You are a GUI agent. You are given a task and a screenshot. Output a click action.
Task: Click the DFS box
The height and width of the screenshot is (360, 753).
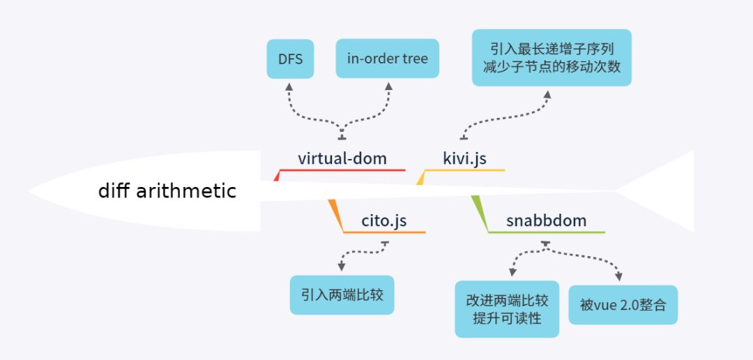coord(291,59)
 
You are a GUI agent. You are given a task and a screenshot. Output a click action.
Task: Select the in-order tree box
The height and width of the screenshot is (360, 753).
coord(388,59)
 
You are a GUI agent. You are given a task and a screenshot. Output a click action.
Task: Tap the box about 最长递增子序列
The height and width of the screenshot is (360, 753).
coord(552,58)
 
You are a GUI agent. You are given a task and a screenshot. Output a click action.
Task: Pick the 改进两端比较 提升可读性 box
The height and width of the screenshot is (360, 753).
coord(507,309)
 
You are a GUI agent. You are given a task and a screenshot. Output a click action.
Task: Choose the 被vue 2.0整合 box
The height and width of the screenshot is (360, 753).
coord(623,305)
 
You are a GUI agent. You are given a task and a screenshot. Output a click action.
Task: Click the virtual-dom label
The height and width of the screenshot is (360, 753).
coord(342,158)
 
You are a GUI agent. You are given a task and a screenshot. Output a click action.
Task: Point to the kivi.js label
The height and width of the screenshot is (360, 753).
coord(464,158)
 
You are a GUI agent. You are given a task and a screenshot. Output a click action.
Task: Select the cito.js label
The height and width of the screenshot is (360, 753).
coord(383,221)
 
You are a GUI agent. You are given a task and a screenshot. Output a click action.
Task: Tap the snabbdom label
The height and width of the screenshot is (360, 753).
coord(546,221)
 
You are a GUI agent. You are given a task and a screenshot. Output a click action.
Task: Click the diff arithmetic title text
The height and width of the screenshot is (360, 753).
coord(167,190)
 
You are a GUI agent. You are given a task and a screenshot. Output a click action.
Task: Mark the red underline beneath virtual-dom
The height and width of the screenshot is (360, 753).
coord(342,170)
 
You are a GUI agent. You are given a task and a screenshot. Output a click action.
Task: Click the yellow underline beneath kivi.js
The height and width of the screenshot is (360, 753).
coord(464,170)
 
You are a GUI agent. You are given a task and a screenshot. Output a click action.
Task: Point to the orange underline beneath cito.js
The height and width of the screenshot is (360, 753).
coord(383,232)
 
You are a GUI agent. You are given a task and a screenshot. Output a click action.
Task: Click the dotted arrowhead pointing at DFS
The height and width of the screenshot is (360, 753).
coord(290,87)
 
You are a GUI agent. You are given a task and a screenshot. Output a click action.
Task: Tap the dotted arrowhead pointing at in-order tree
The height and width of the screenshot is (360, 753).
coord(388,87)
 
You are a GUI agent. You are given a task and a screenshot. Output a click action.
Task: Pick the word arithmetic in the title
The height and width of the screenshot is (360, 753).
coord(186,190)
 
